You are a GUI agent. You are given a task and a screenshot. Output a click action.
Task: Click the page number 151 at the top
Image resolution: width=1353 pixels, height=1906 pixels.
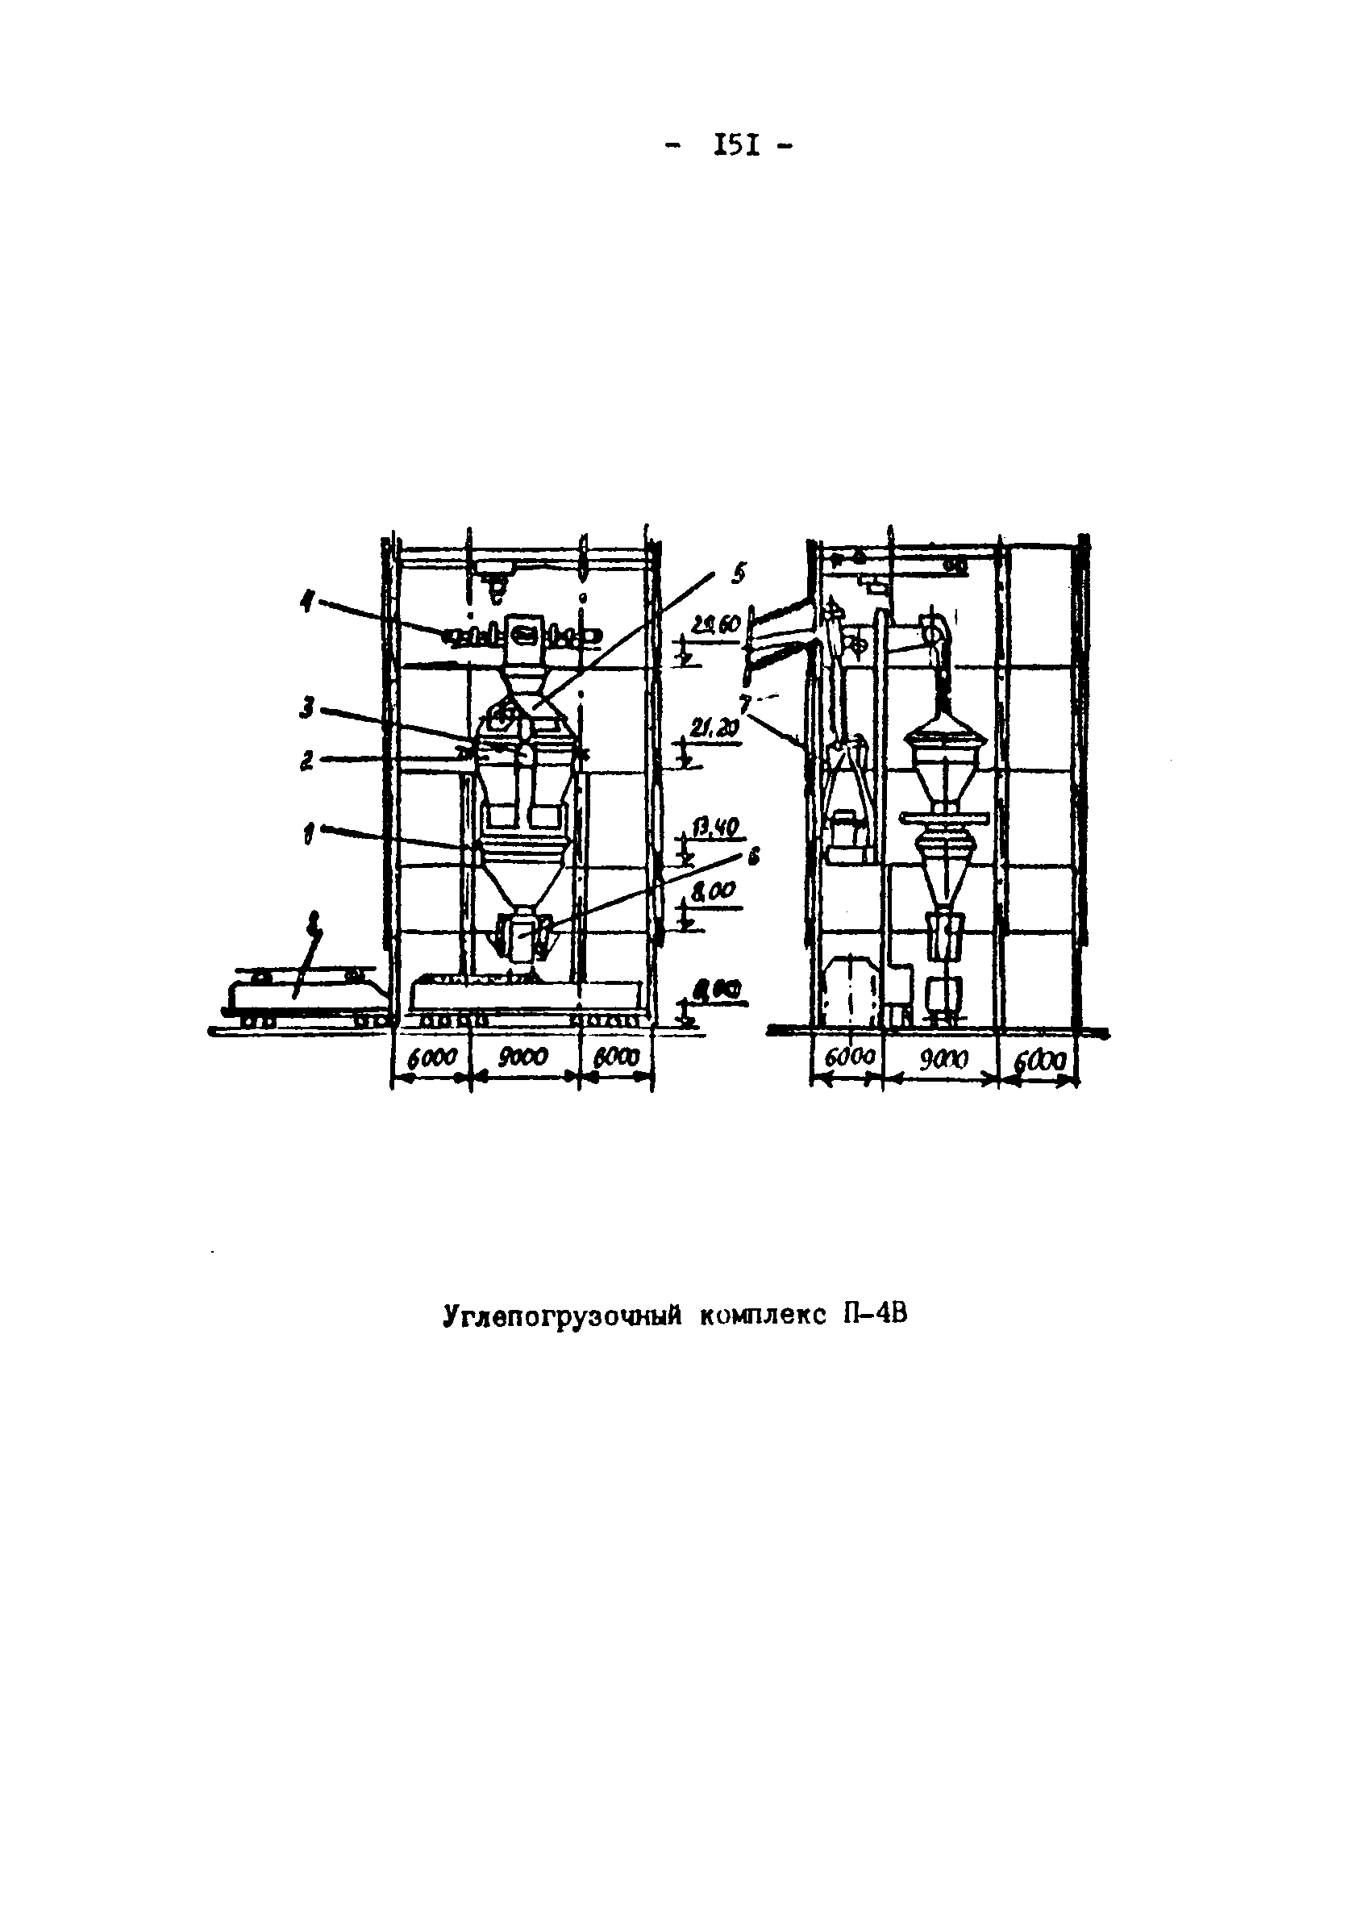tap(736, 148)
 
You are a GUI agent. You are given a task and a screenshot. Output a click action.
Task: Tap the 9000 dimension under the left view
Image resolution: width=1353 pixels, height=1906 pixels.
tap(522, 1057)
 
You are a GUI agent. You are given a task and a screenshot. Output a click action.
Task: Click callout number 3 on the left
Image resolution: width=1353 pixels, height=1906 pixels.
tap(307, 708)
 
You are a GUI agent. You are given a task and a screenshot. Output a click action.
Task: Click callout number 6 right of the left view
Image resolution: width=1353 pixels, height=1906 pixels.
tap(754, 857)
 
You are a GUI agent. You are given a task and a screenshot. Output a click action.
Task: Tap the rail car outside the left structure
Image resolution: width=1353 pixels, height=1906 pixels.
tap(300, 995)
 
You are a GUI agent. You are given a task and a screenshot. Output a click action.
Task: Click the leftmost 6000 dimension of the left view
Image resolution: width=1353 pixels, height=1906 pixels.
tap(431, 1057)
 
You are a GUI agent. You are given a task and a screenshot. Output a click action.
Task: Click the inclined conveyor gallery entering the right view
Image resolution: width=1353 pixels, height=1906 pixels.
tap(779, 633)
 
